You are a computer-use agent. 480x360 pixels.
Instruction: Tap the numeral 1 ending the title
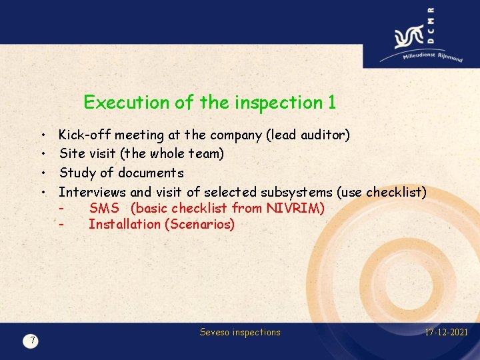pyautogui.click(x=331, y=103)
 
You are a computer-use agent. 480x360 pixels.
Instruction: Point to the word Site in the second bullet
pyautogui.click(x=71, y=154)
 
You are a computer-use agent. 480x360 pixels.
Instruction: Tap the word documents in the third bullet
pyautogui.click(x=151, y=173)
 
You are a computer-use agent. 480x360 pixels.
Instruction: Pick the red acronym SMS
pyautogui.click(x=105, y=209)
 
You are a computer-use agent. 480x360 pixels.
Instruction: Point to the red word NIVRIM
pyautogui.click(x=295, y=209)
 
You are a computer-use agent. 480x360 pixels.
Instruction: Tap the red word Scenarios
pyautogui.click(x=199, y=225)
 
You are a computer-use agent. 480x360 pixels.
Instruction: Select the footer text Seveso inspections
pyautogui.click(x=240, y=332)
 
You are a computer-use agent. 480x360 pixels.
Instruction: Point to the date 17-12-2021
pyautogui.click(x=446, y=332)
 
